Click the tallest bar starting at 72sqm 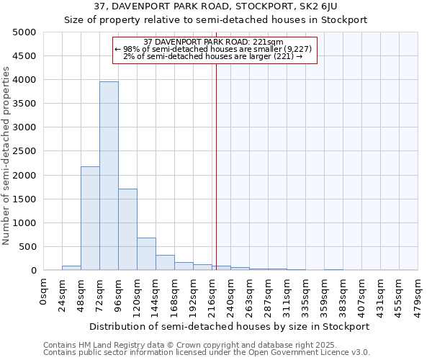coord(109,176)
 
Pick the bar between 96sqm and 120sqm coord(127,229)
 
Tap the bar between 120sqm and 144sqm coord(146,253)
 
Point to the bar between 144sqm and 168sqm coord(165,262)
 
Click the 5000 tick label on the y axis coord(24,32)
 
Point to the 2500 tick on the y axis coord(24,151)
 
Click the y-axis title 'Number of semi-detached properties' coord(7,155)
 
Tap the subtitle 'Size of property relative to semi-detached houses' coord(215,20)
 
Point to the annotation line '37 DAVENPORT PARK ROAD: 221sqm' coord(214,42)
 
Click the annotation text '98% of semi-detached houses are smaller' coord(214,49)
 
